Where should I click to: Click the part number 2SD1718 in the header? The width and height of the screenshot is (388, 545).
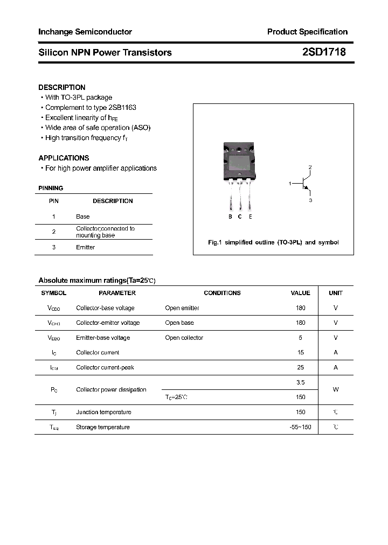pos(324,52)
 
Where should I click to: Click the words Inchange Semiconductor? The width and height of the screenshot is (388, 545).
pos(85,32)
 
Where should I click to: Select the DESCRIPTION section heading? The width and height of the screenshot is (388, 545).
pos(62,87)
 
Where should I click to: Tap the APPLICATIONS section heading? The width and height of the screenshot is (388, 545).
pos(64,158)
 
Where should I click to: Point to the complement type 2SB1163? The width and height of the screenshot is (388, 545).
pos(121,108)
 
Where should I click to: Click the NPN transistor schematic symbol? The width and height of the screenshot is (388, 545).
pos(306,183)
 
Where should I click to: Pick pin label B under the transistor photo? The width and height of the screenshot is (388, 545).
pos(230,216)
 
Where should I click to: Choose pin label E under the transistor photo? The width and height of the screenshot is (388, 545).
pos(251,216)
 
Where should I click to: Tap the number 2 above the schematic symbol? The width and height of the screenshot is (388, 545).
pos(310,167)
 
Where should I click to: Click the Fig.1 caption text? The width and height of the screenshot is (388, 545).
pos(273,242)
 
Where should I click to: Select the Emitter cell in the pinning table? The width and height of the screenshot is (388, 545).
pos(85,247)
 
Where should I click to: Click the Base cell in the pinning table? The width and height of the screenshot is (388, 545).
pos(83,216)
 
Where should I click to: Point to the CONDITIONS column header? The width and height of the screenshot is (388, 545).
pos(222,293)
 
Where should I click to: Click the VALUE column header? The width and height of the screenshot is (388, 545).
pos(300,293)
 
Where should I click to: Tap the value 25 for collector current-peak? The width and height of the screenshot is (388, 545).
pos(301,367)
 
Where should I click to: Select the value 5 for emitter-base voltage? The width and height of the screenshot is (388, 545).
pos(301,338)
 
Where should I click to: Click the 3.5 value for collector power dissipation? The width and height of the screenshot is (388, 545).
pos(301,382)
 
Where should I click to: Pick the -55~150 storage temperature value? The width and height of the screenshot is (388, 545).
pos(300,427)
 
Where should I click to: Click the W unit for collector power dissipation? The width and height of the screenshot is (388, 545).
pos(336,389)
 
